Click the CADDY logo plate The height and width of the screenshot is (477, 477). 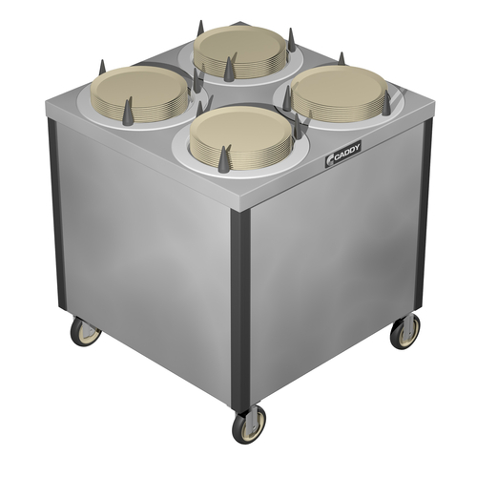(342, 154)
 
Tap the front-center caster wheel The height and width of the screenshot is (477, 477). (249, 425)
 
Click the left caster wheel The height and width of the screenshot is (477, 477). (85, 332)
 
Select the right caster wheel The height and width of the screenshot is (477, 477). (405, 331)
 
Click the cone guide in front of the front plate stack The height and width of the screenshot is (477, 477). (224, 159)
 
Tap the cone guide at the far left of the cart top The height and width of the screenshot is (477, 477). (102, 68)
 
